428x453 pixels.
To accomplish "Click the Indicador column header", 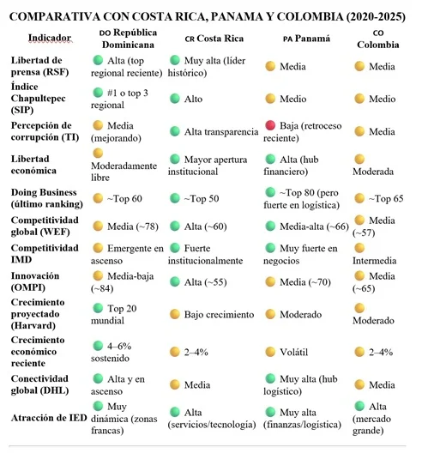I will tap(43, 39).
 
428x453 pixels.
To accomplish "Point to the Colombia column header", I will tap(378, 39).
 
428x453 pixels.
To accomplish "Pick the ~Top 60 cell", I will tap(124, 197).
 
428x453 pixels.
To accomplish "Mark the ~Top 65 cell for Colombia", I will tap(383, 197).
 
